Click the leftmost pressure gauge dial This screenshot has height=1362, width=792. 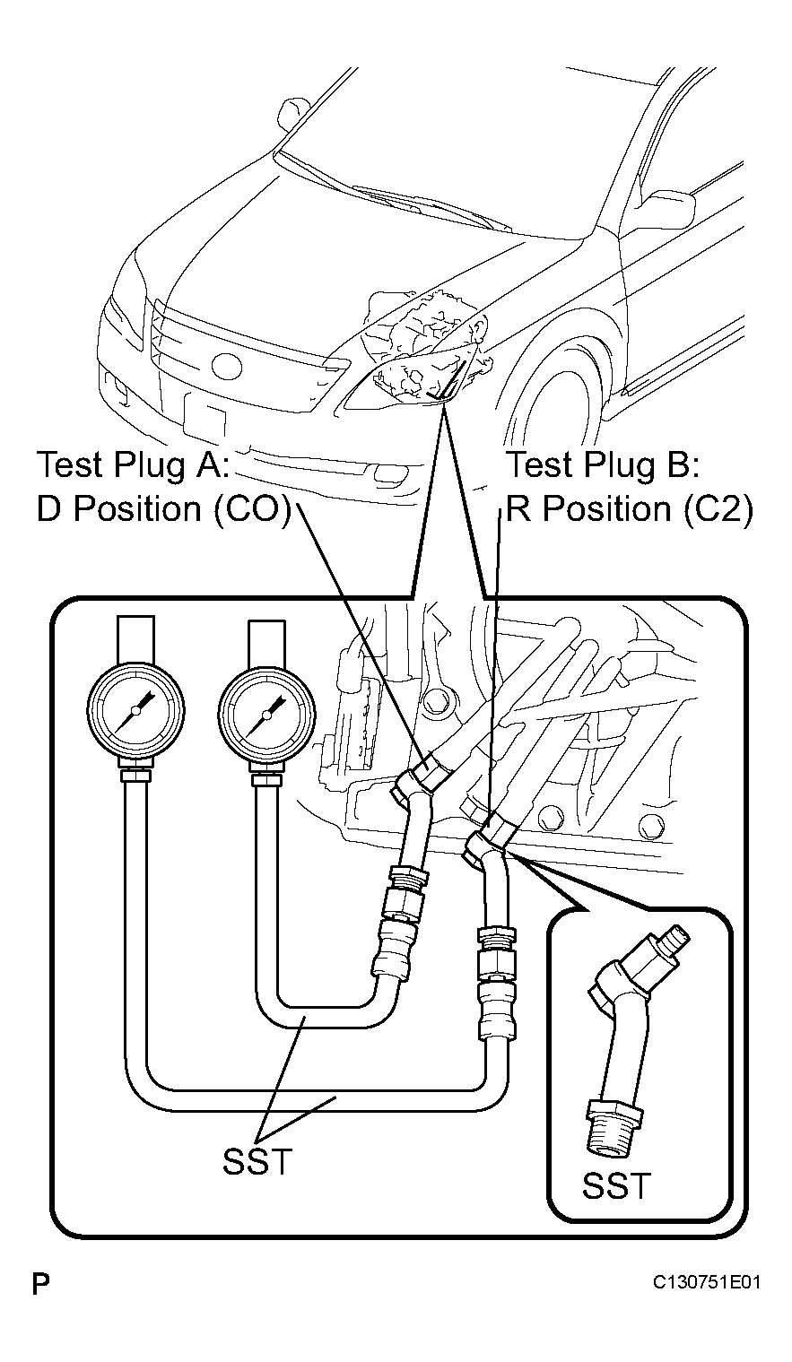point(135,709)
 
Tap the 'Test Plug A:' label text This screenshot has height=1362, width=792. point(134,465)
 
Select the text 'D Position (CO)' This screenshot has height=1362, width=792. point(163,509)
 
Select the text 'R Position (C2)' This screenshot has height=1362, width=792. point(630,509)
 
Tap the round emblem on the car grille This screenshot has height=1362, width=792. point(226,367)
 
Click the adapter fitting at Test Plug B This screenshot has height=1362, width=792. point(490,846)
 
